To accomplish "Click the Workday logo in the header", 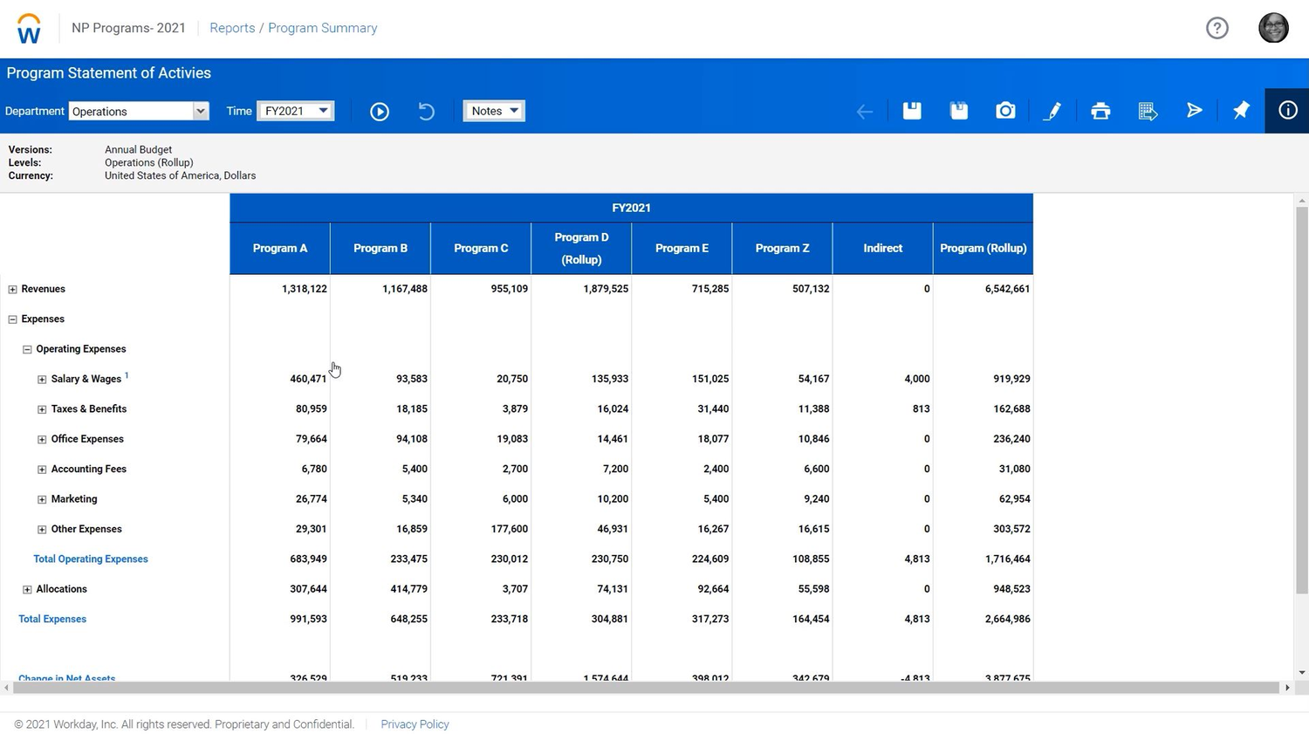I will click(29, 29).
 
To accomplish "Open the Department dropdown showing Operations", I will click(138, 111).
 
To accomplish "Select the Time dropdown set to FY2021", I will click(296, 111).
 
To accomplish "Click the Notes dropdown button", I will click(494, 111).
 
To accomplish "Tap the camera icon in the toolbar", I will click(1005, 111).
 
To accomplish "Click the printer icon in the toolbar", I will click(1100, 111).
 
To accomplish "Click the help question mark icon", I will click(1216, 28).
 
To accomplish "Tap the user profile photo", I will click(1273, 28).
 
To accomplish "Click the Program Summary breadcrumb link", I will click(322, 28).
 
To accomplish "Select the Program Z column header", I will click(782, 248).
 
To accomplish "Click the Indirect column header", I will click(882, 248).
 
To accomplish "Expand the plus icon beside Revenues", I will click(12, 289).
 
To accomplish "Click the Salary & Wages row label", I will click(86, 379).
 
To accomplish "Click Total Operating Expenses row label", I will click(91, 559).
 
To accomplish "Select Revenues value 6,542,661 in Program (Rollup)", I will click(1007, 289).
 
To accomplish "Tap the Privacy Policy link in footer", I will click(415, 724).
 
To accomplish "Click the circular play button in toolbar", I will click(380, 111).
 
